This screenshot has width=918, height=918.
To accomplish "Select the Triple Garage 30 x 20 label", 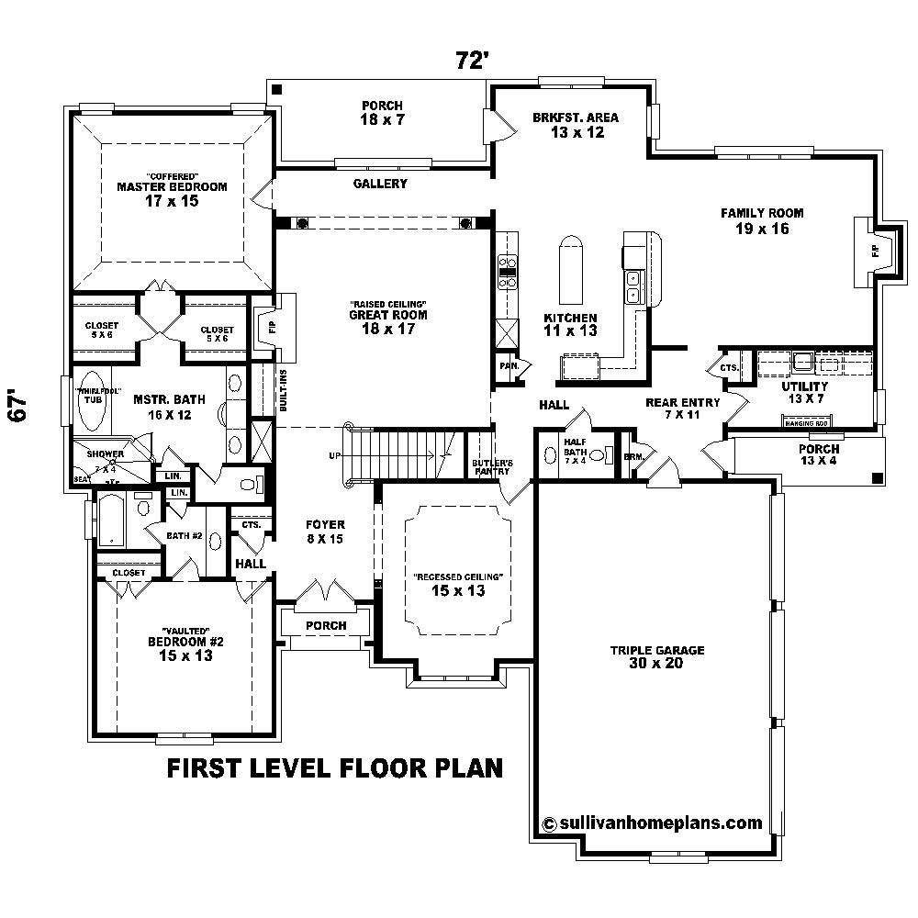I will pyautogui.click(x=657, y=657).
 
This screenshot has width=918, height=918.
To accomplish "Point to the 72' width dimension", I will pyautogui.click(x=472, y=61).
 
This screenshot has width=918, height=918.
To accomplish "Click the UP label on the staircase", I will pyautogui.click(x=335, y=455).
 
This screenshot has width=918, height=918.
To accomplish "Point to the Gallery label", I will pyautogui.click(x=380, y=184).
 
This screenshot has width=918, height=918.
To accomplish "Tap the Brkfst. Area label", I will pyautogui.click(x=576, y=125).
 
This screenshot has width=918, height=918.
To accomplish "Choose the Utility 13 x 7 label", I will pyautogui.click(x=804, y=393).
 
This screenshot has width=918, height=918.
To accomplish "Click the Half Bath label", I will pyautogui.click(x=576, y=450).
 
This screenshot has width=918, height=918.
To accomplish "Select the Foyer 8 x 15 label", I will pyautogui.click(x=325, y=532).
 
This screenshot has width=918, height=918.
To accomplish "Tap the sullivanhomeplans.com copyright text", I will pyautogui.click(x=653, y=823).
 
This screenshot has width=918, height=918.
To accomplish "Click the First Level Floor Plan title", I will pyautogui.click(x=334, y=767).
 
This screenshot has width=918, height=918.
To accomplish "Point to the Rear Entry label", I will pyautogui.click(x=682, y=408).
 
